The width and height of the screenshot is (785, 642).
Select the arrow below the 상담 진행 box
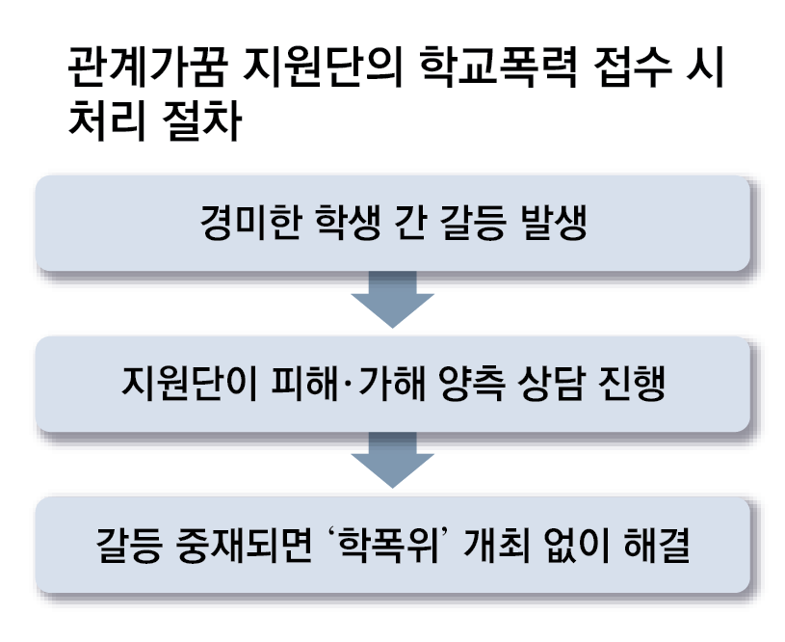click(x=392, y=461)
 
